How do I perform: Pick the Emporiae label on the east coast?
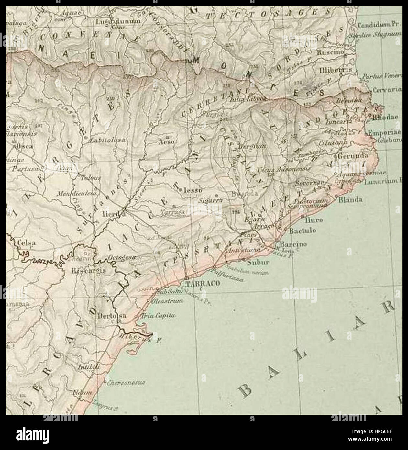387,132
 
